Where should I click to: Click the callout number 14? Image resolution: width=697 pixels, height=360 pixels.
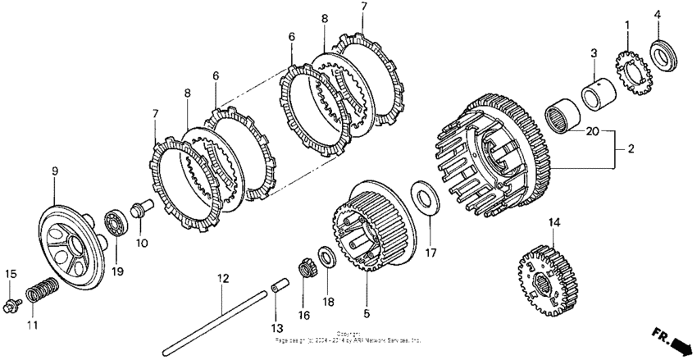tap(554, 222)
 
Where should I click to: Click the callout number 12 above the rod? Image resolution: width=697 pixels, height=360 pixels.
tap(221, 279)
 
